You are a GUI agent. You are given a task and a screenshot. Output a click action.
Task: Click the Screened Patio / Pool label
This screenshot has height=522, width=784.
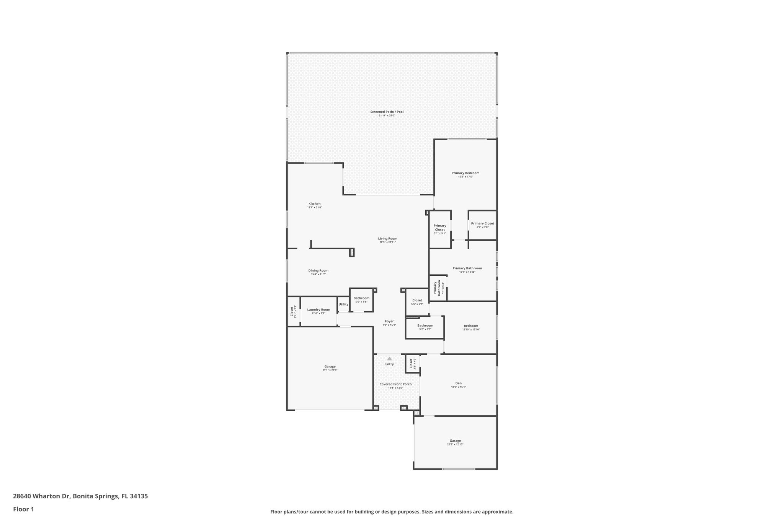387,112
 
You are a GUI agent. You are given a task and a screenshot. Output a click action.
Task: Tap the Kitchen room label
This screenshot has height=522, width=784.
314,204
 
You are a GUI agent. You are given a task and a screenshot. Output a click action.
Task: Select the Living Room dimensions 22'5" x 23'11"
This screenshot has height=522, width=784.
387,242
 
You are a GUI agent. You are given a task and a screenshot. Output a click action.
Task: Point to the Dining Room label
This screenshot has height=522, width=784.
318,271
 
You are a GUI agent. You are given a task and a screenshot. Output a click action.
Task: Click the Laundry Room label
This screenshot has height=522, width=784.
318,310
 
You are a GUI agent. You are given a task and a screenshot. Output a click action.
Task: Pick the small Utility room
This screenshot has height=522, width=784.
343,304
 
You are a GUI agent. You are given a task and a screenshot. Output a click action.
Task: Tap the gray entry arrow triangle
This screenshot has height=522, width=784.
389,359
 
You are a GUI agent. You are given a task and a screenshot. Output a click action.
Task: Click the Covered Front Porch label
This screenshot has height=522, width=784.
395,384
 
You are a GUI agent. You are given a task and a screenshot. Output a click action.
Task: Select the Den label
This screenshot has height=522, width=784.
458,383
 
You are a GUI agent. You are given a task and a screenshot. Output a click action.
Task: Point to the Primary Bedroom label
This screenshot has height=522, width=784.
465,173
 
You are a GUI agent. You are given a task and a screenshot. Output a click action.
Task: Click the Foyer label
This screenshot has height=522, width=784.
389,322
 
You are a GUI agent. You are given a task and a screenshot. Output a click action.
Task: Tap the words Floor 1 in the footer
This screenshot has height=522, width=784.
23,509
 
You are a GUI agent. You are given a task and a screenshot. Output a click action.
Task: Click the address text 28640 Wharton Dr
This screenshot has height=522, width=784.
41,496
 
